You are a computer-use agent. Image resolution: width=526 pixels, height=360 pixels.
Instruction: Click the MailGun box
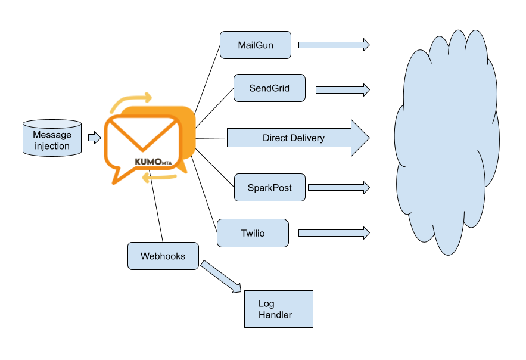[256, 45]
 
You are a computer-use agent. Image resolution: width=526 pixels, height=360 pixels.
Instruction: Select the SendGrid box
[269, 88]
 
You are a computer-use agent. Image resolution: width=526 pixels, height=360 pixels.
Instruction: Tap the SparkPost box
[270, 188]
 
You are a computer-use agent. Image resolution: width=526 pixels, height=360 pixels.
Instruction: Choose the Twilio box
[253, 233]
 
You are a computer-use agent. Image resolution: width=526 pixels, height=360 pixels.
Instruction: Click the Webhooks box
[163, 256]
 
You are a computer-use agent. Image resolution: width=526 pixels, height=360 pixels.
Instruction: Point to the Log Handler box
[279, 309]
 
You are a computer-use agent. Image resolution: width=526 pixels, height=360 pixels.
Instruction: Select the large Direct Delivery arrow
[298, 138]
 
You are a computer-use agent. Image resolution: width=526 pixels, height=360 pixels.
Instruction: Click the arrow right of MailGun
[334, 45]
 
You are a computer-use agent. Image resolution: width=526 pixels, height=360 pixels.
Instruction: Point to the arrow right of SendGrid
[343, 90]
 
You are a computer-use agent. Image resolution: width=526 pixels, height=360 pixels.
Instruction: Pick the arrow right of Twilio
[334, 232]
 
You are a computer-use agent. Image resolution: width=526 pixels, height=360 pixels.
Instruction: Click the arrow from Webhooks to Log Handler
[221, 277]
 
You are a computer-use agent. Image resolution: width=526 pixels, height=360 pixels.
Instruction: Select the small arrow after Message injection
[94, 138]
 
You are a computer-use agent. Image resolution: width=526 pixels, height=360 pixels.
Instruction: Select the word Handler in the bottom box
[275, 315]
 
